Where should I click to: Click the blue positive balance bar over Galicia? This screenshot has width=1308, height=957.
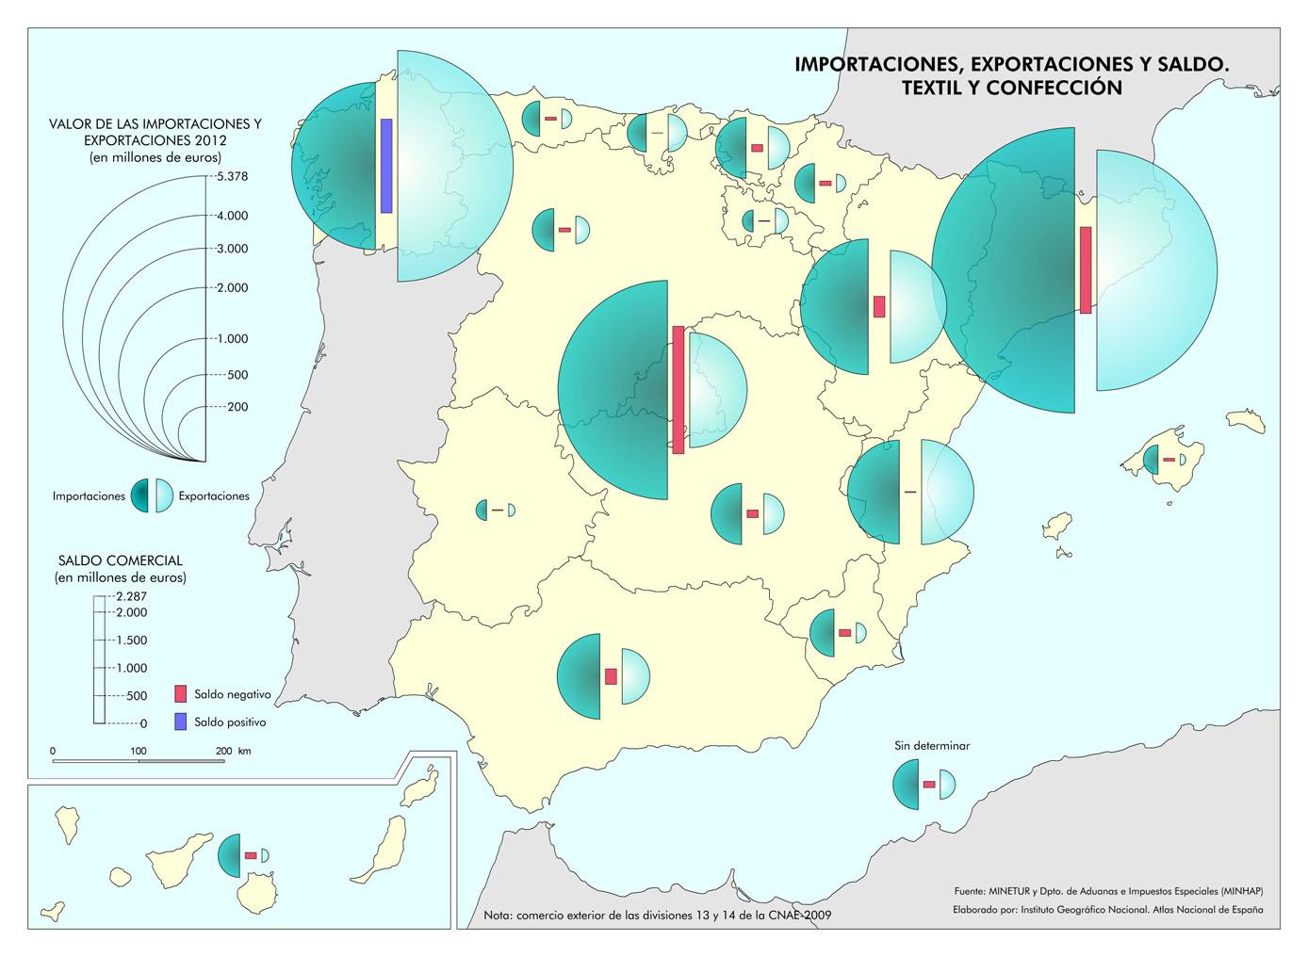[x=386, y=166]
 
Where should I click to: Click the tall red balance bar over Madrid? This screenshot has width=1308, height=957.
[x=679, y=390]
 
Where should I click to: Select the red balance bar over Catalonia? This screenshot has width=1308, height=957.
[x=1086, y=269]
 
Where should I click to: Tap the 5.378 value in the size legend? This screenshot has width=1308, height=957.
[x=232, y=176]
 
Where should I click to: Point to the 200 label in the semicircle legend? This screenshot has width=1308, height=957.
[x=237, y=407]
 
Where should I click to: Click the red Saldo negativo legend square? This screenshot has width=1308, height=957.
[x=180, y=694]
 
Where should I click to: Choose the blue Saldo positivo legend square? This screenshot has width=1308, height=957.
[x=180, y=722]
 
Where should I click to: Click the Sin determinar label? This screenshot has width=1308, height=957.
[x=931, y=745]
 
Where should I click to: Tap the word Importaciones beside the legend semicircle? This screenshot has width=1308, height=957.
[x=89, y=496]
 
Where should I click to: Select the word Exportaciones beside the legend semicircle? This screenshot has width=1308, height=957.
[x=214, y=496]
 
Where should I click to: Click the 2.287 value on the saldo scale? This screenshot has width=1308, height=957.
[x=131, y=596]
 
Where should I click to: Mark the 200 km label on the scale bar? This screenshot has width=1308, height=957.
[x=232, y=751]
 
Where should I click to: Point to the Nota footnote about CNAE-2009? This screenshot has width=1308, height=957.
[x=657, y=915]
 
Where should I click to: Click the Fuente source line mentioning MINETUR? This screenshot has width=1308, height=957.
[x=1108, y=891]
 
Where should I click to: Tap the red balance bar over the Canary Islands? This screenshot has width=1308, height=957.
[x=251, y=855]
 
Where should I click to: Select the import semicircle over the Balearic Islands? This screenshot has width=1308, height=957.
[x=1152, y=460]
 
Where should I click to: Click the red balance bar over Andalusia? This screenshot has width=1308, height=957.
[x=611, y=676]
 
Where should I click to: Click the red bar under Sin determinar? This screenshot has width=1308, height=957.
[x=929, y=784]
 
